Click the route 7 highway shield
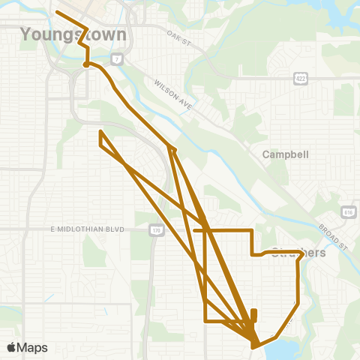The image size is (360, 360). click(117, 58)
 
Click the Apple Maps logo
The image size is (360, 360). click(27, 347)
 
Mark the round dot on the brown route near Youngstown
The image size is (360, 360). click(86, 65)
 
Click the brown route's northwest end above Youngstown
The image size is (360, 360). click(58, 12)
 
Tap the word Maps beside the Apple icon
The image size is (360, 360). click(33, 347)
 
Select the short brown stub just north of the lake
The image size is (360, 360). click(253, 315)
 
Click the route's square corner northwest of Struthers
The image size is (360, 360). click(251, 229)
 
